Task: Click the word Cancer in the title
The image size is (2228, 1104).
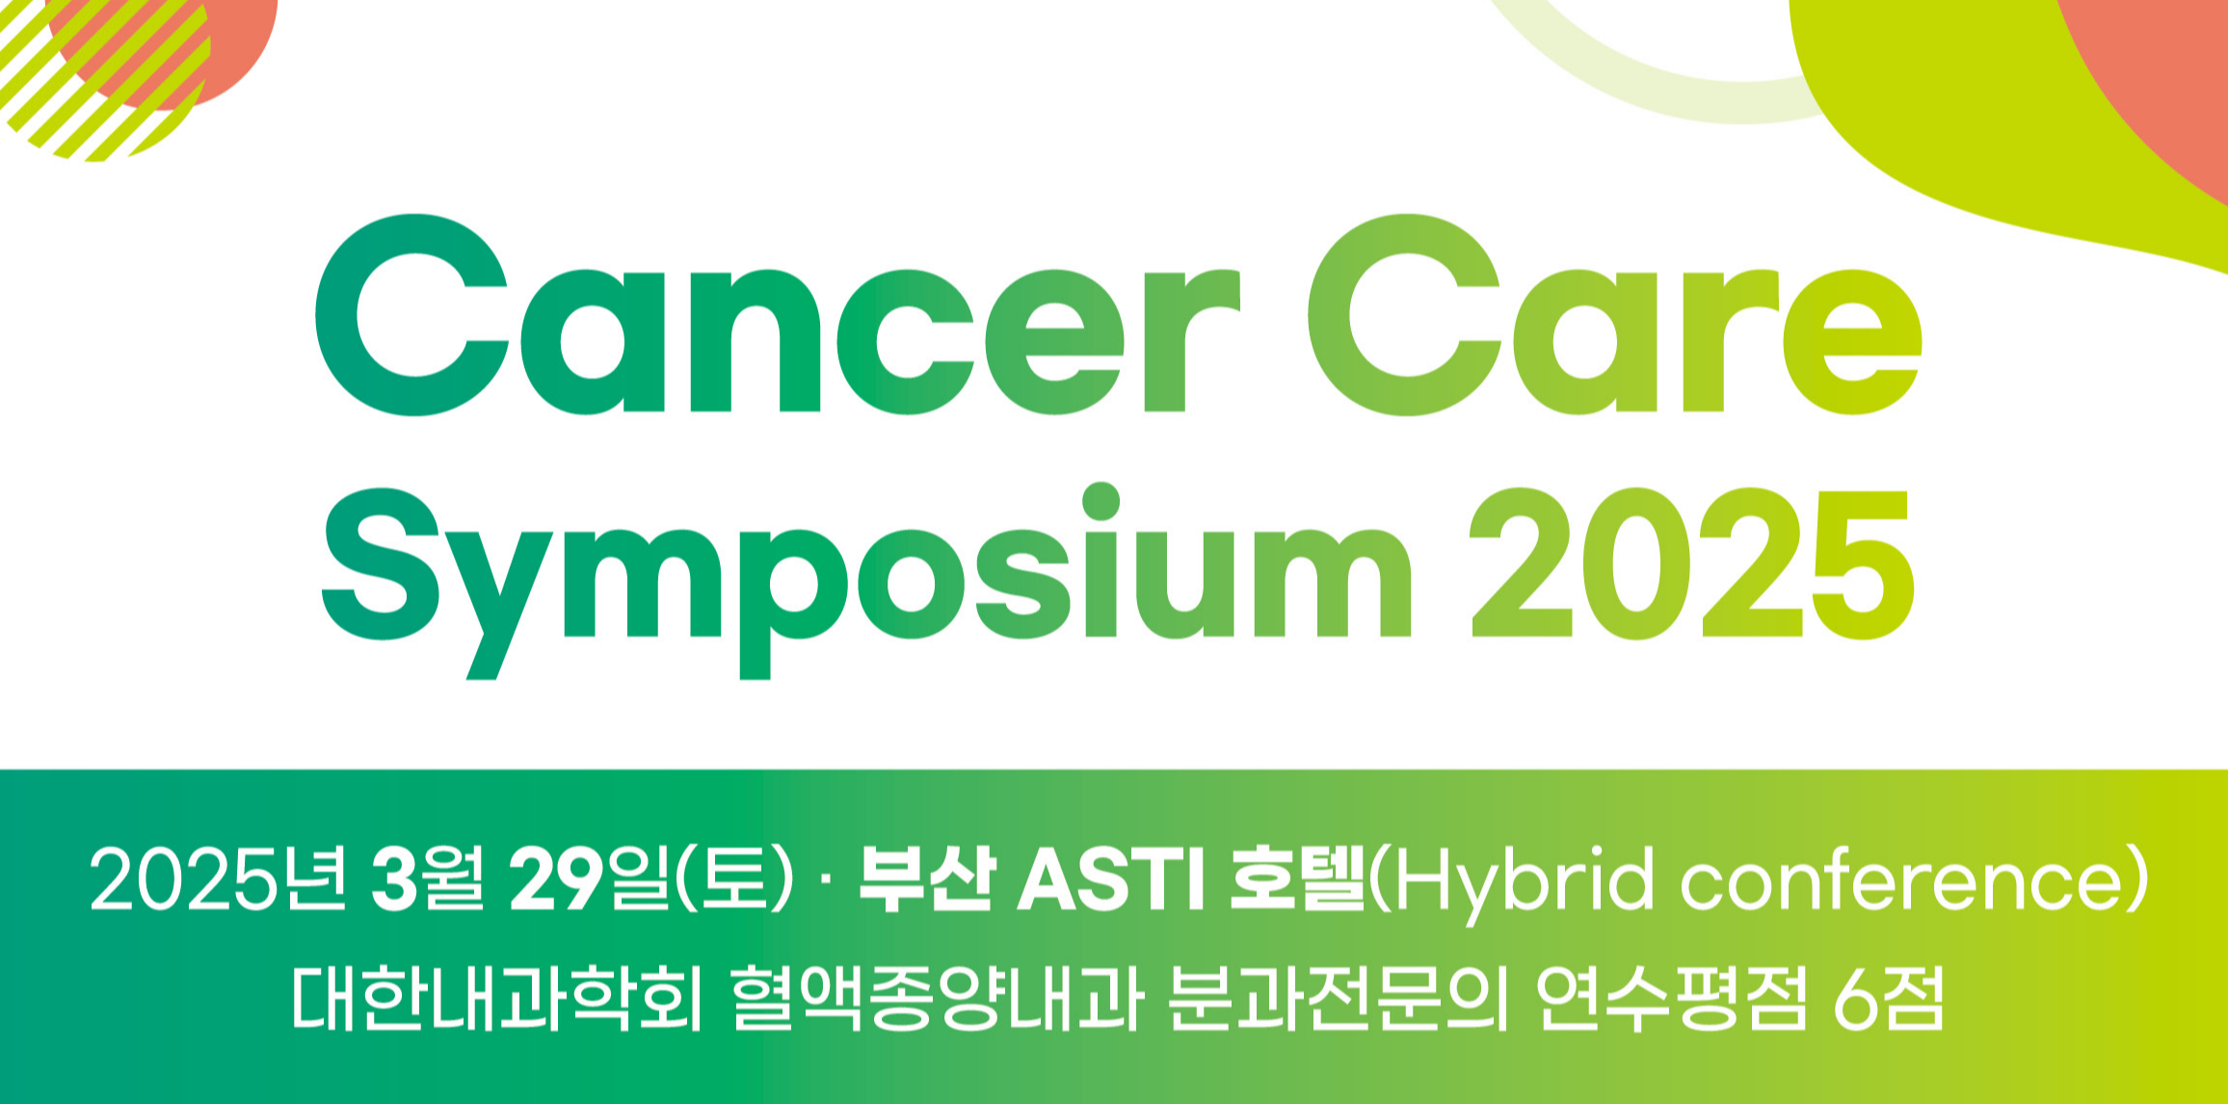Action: (778, 315)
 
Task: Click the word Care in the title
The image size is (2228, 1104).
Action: (1615, 315)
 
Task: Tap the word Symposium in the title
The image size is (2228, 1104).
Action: (867, 581)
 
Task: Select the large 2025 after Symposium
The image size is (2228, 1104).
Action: (1692, 564)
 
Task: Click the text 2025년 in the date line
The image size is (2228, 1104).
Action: (219, 880)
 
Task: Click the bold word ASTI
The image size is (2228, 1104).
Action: (1111, 880)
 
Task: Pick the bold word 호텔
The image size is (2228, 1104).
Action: (1298, 880)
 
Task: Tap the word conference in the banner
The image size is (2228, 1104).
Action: (1904, 879)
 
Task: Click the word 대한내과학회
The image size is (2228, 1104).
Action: (497, 998)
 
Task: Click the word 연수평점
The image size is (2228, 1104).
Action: (1673, 998)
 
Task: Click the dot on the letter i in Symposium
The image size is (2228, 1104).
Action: (1101, 501)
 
